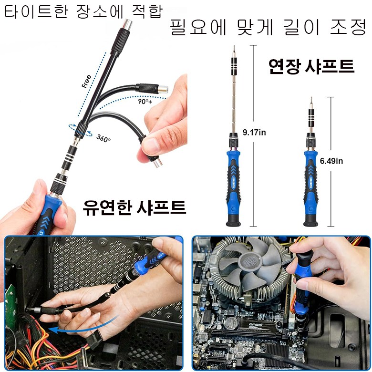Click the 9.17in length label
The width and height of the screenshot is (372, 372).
coord(254,133)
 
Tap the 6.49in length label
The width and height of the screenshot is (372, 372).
coord(331,161)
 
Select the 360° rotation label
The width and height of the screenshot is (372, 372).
coord(103,138)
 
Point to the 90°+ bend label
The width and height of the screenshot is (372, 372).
coord(145,101)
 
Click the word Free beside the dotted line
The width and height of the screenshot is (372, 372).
coord(86,82)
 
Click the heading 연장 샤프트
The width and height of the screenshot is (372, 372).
coord(311,66)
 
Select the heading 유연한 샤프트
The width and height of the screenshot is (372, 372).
coord(134,207)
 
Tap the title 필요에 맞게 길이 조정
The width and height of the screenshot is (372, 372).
coord(269,27)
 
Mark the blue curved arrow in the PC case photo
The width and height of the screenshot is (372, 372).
coord(83,326)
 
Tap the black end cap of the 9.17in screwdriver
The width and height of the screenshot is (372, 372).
coord(233,220)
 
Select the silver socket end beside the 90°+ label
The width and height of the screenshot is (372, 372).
coord(163,90)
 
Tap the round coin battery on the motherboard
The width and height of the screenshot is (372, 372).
coord(231,323)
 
